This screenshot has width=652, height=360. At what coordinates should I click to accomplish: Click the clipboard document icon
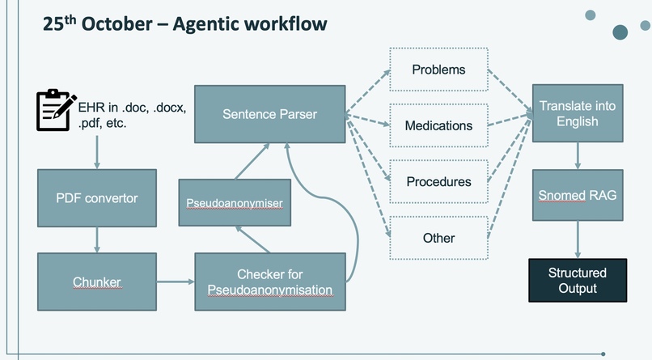coord(56,111)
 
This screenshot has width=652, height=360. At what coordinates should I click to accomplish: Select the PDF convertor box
coord(96,197)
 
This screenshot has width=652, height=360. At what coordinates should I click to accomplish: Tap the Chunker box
coord(96,282)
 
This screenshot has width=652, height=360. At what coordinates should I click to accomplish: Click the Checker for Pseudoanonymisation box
coord(270,282)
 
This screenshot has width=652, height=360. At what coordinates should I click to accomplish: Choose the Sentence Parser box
coord(270,114)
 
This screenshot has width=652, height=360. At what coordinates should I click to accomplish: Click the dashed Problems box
coord(438,70)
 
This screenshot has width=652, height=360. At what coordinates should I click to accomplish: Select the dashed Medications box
coord(438,125)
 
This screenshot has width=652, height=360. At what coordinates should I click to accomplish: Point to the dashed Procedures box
coord(438,181)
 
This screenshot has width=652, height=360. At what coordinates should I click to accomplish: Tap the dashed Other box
coord(438,238)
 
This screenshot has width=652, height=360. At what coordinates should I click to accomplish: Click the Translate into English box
coord(577,113)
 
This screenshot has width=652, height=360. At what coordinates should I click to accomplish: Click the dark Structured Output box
coord(577,280)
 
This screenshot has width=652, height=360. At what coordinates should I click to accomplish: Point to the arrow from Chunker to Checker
coord(175,282)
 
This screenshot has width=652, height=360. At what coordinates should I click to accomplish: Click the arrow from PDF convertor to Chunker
coord(96,239)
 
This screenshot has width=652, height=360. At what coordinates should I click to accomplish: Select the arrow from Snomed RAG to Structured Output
coord(577,239)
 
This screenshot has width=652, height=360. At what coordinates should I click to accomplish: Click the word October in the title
coord(114,24)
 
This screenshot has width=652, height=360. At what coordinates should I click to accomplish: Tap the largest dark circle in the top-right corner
coord(620,32)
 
